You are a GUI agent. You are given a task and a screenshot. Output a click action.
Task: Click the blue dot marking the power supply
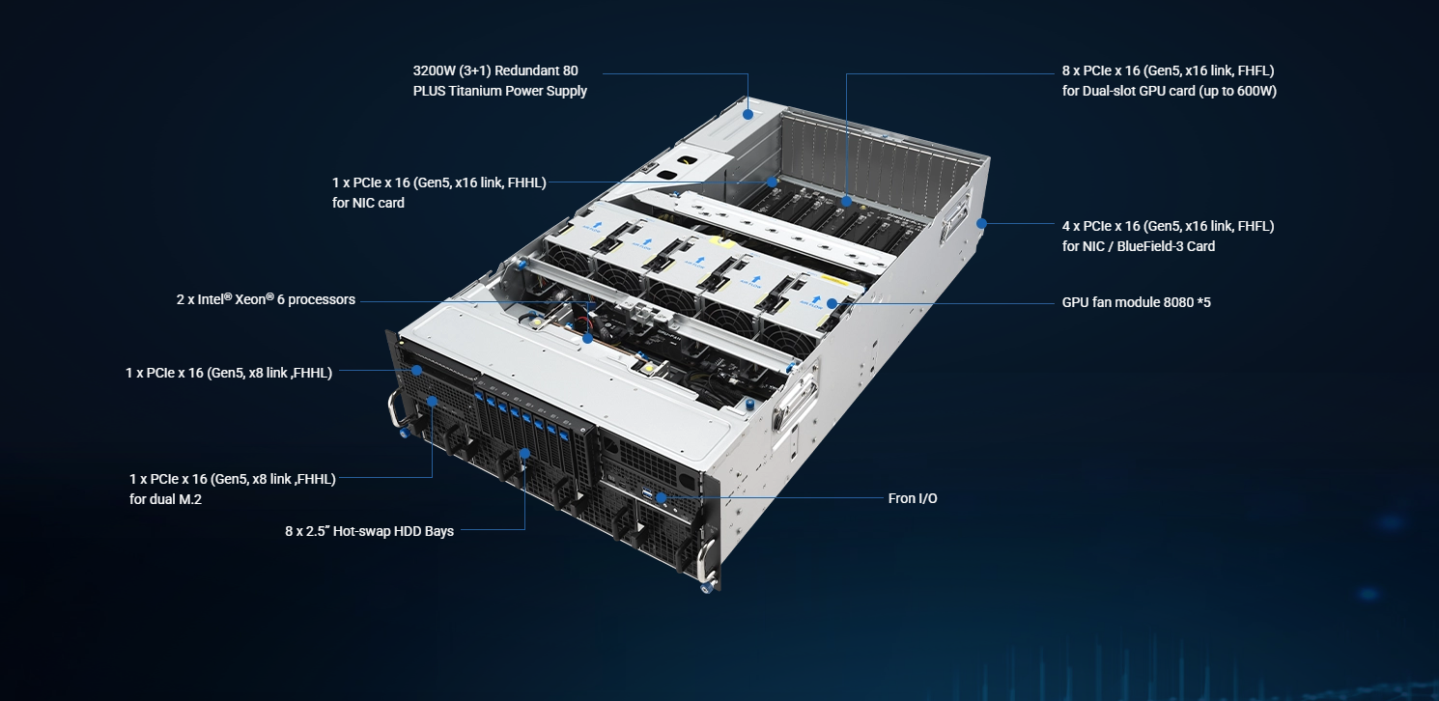pos(748,114)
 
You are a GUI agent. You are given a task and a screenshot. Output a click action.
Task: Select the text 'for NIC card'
pos(368,203)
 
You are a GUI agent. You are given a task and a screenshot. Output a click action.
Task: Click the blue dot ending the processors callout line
pos(587,338)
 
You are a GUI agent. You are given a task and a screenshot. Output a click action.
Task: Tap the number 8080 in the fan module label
pos(1178,302)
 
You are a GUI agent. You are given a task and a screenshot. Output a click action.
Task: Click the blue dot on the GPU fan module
pos(832,303)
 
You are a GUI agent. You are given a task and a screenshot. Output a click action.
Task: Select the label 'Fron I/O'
pos(913,498)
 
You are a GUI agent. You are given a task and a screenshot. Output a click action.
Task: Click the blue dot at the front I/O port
pos(661,498)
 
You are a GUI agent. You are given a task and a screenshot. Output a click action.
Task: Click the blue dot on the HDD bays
pos(524,454)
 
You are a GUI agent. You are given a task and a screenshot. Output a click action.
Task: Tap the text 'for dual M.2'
pos(166,499)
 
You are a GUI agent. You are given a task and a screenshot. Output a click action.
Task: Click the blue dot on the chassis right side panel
pos(981,224)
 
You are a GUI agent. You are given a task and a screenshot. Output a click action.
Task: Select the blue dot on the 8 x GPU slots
pos(847,201)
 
